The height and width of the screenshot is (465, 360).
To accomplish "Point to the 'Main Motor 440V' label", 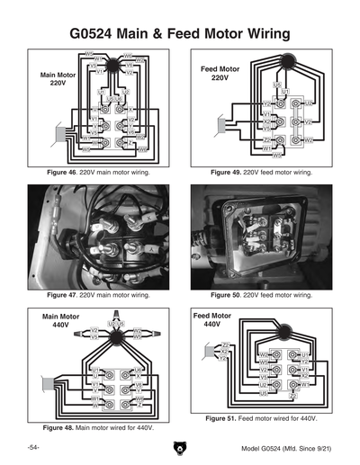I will click(61, 322).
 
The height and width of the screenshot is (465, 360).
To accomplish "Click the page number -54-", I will click(32, 447).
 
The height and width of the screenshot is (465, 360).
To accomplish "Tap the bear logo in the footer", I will click(179, 447).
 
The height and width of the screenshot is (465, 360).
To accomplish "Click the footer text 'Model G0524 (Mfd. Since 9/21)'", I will click(287, 447).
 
